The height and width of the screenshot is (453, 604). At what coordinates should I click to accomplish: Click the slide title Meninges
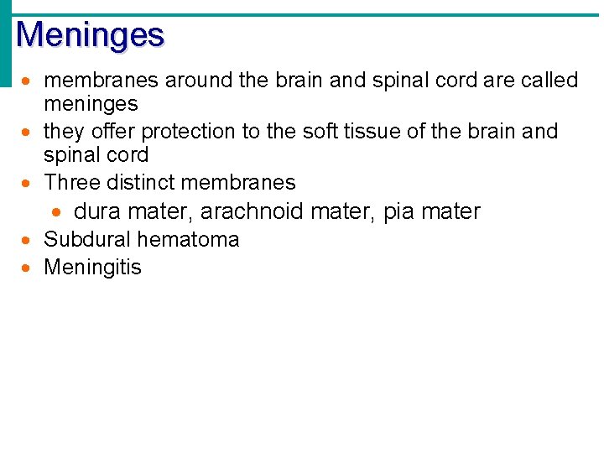click(x=90, y=35)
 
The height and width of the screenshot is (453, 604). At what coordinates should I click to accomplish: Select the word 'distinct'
click(x=140, y=183)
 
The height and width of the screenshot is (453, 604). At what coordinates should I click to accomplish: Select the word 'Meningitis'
click(x=92, y=268)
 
